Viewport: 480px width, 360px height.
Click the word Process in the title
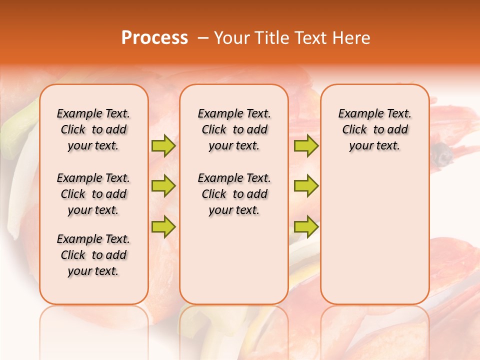coord(154,38)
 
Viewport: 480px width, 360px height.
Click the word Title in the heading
coord(271,38)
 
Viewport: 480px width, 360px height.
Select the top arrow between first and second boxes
coord(163,146)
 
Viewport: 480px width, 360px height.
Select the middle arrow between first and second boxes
coord(163,186)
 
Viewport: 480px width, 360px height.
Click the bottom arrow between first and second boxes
coord(163,226)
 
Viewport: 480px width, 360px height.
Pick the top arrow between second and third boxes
coord(306,146)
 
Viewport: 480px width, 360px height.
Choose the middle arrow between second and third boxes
coord(306,186)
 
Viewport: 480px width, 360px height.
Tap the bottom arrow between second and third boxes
coord(306,226)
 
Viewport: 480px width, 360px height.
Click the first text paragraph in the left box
coord(93,129)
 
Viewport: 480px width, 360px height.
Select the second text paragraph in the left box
coord(93,194)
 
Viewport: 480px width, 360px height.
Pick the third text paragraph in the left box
coord(93,255)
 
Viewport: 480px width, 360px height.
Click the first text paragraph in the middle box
coord(234,129)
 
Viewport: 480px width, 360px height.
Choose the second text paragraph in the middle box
coord(234,194)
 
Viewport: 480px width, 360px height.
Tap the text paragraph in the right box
coord(375,129)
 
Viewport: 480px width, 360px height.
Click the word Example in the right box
coord(357,114)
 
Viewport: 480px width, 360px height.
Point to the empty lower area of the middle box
coord(234,260)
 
